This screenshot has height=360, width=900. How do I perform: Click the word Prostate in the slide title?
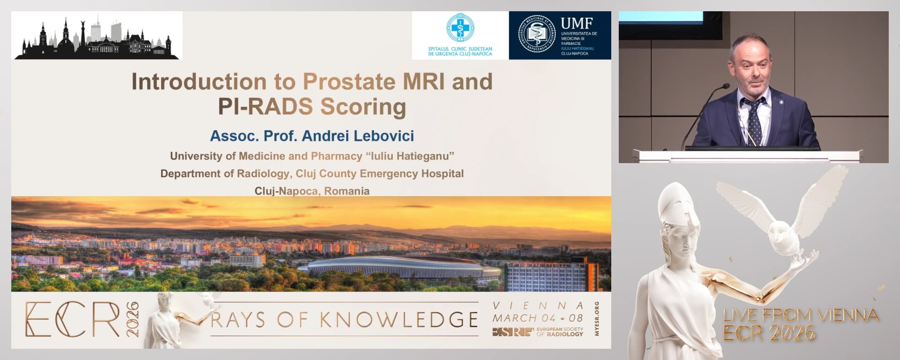[349, 82]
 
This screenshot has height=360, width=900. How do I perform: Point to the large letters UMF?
[577, 23]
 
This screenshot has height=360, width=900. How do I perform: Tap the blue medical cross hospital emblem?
[460, 28]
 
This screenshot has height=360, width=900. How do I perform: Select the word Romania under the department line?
[346, 191]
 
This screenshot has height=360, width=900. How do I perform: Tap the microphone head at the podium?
[725, 87]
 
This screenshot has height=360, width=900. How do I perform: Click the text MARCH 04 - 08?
[538, 318]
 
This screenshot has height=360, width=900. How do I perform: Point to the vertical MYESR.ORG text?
[596, 319]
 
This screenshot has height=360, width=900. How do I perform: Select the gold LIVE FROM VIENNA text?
[800, 315]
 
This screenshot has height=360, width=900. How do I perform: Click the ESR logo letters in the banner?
[512, 332]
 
